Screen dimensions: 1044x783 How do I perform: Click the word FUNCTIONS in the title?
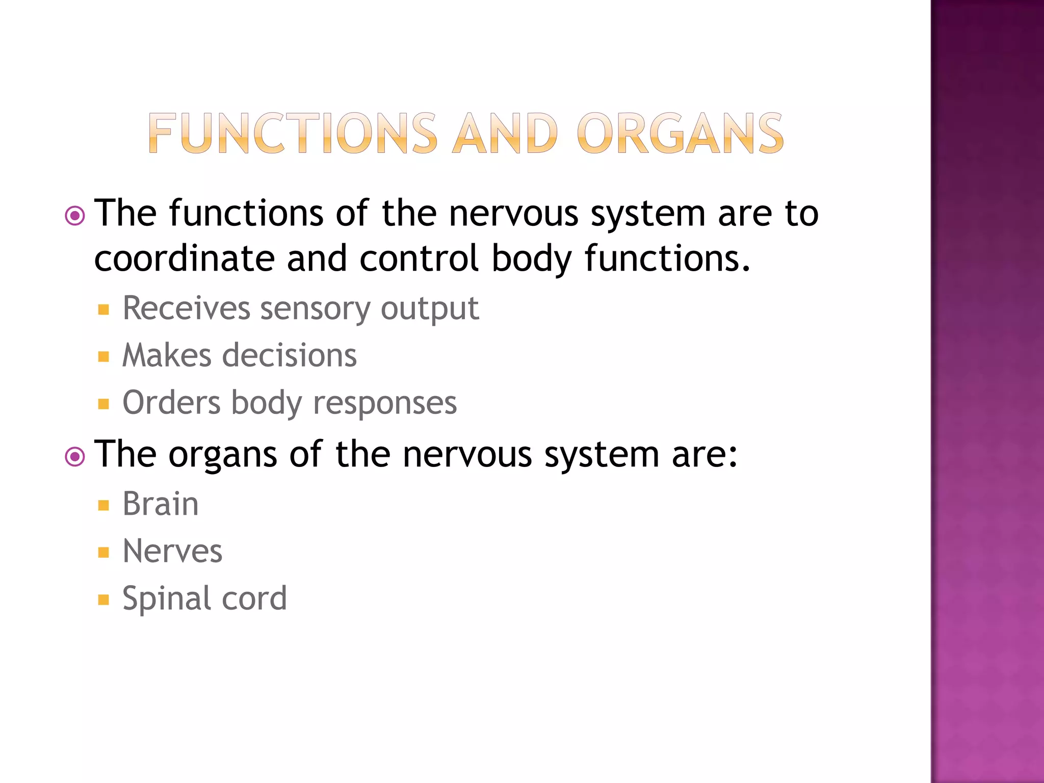(293, 134)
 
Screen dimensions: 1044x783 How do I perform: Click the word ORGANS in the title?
(681, 134)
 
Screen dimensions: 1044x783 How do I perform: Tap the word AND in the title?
(505, 134)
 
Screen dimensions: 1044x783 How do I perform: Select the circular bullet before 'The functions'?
(75, 216)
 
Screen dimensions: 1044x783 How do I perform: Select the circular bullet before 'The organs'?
(75, 457)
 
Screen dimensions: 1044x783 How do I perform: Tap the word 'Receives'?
(187, 308)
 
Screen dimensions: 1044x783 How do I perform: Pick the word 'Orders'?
(171, 403)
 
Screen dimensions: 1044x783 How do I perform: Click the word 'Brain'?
(161, 504)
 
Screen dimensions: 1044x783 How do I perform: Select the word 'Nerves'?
(172, 551)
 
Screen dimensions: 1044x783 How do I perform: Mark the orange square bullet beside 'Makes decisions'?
(104, 356)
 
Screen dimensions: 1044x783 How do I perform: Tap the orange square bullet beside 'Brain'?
(104, 505)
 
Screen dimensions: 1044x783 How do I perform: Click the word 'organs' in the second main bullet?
(223, 455)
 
